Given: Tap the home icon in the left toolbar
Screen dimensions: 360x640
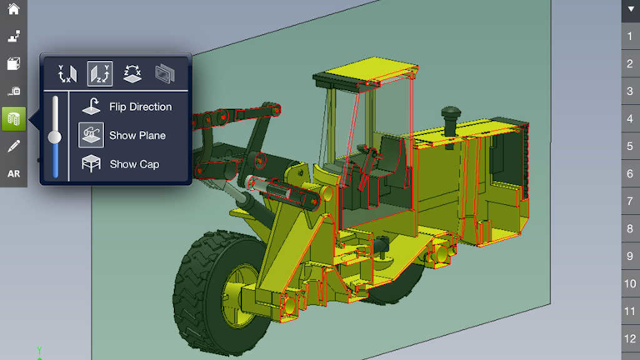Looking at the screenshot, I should [13, 10].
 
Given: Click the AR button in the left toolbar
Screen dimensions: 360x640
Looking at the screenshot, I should [13, 174].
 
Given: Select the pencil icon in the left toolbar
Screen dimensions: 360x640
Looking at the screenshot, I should [13, 147].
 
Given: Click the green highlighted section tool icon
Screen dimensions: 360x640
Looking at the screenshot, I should [13, 119].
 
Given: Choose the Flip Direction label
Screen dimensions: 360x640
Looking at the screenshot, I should [140, 107].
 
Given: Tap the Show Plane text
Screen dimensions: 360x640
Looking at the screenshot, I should [137, 135].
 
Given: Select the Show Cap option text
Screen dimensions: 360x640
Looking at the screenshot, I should [134, 164].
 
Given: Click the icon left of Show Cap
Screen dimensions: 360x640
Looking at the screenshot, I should [92, 163].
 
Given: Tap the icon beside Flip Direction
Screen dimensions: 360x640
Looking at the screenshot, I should [92, 107].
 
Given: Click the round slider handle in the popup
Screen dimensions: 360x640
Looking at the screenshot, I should [56, 137].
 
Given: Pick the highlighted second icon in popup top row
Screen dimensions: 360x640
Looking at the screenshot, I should [100, 74].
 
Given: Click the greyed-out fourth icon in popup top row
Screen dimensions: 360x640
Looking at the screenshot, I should [165, 74].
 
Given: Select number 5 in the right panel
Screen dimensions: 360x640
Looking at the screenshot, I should [630, 147].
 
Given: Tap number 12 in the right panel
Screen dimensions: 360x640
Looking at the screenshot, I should [630, 338].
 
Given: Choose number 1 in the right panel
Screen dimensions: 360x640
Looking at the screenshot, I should [630, 37].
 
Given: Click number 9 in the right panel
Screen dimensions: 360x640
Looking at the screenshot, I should [630, 256].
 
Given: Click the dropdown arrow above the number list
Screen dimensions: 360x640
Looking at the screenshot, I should [630, 10].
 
